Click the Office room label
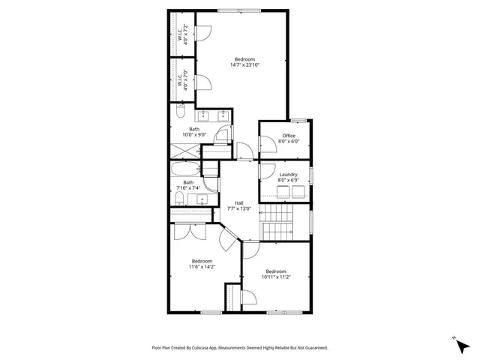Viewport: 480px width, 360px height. click(x=289, y=136)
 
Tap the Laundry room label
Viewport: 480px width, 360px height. click(x=289, y=175)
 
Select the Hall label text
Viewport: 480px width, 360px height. click(x=238, y=202)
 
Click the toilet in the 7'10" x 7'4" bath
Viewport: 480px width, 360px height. click(x=179, y=199)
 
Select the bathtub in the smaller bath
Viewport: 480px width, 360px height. click(x=185, y=169)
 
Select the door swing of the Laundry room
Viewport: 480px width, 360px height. click(x=266, y=171)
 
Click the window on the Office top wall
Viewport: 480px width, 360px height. click(x=298, y=121)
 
